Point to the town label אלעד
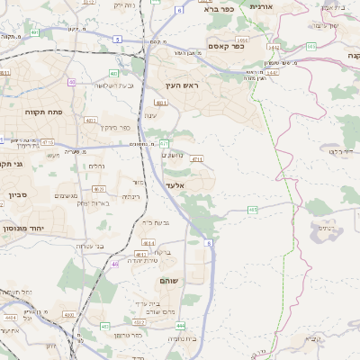pos(175,184)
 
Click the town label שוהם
pos(167,282)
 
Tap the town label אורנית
pos(261,7)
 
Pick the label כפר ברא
pos(218,8)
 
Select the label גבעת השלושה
pos(113,85)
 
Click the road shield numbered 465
pos(253,210)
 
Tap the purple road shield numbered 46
pos(115,264)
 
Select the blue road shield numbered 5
pos(117,39)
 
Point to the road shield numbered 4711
pos(196,158)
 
